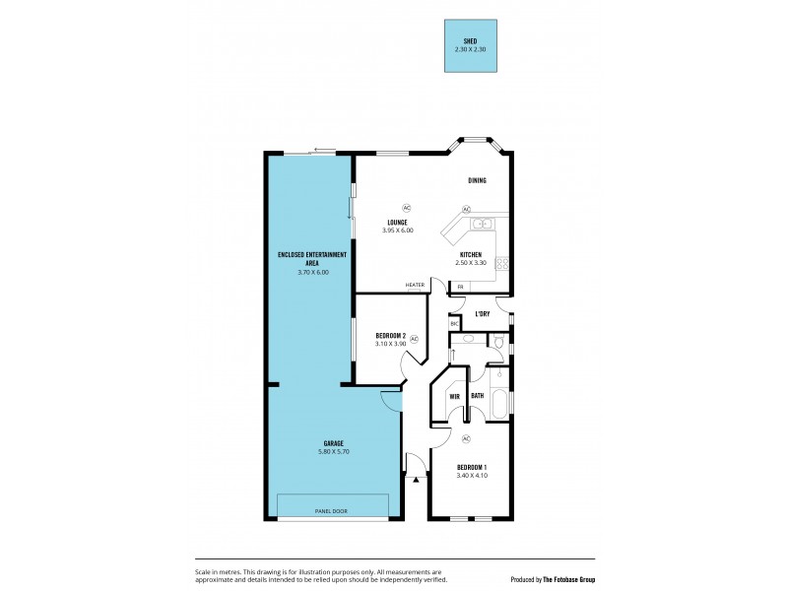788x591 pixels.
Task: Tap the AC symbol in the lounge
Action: click(406, 208)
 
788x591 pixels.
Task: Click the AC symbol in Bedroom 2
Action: click(414, 339)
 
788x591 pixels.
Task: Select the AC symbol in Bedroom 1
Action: click(466, 438)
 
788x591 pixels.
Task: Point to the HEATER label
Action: click(415, 287)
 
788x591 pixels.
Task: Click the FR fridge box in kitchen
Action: click(460, 287)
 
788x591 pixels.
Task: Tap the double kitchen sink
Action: click(482, 225)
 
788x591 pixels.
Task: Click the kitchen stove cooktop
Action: click(501, 263)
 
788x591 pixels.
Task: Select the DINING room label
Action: click(477, 180)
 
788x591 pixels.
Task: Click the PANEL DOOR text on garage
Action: click(331, 511)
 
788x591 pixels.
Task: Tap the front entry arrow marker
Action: click(417, 481)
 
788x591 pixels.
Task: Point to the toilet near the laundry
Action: click(498, 343)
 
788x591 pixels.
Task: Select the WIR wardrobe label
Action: click(454, 396)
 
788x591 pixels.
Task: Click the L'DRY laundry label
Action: click(483, 314)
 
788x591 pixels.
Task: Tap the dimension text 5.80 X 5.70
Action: click(332, 451)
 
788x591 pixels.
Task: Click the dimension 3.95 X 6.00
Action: click(397, 230)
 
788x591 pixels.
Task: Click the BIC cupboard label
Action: click(454, 324)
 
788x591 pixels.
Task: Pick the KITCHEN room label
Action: click(470, 254)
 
